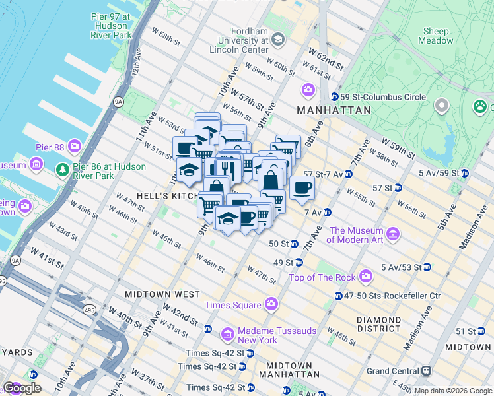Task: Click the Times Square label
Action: coord(232,304)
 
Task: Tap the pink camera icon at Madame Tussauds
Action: coord(228,335)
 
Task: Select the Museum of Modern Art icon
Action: coord(394,234)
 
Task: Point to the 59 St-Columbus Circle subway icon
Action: coord(334,97)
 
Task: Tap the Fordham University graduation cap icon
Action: coord(277,40)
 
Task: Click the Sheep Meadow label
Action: coord(436,36)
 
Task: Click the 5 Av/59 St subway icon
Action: coord(464,174)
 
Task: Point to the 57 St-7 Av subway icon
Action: coord(348,174)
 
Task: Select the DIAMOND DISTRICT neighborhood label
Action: coord(378,323)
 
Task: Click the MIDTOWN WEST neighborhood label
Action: coord(162,294)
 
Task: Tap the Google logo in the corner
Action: coord(22,388)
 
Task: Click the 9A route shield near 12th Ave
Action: coord(118,102)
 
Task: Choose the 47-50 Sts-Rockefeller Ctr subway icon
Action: coord(338,296)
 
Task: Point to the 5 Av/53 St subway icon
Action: coord(427,267)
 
